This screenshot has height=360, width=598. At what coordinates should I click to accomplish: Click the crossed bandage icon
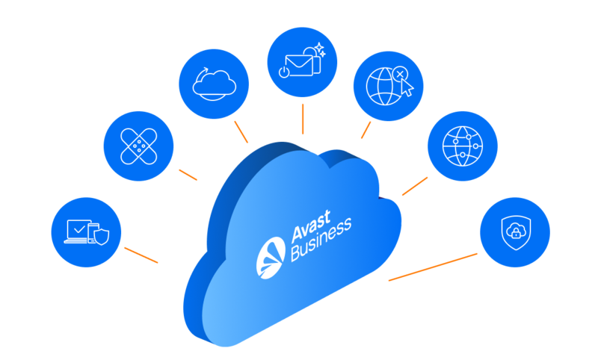(x=138, y=142)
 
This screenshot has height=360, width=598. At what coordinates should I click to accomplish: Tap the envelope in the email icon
(x=302, y=64)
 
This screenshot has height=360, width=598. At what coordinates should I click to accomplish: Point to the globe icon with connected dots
(x=463, y=146)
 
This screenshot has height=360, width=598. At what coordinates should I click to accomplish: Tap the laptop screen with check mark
(x=78, y=229)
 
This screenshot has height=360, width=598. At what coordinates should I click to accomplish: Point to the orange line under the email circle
(x=302, y=119)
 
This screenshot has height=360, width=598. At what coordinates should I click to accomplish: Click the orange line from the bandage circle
(x=188, y=174)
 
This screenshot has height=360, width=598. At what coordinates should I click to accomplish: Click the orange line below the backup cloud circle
(x=241, y=132)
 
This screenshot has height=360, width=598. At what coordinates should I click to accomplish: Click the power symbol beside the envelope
(x=283, y=72)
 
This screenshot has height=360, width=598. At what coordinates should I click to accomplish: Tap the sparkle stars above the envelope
(x=319, y=50)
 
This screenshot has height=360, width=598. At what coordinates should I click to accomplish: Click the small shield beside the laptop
(x=101, y=238)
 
